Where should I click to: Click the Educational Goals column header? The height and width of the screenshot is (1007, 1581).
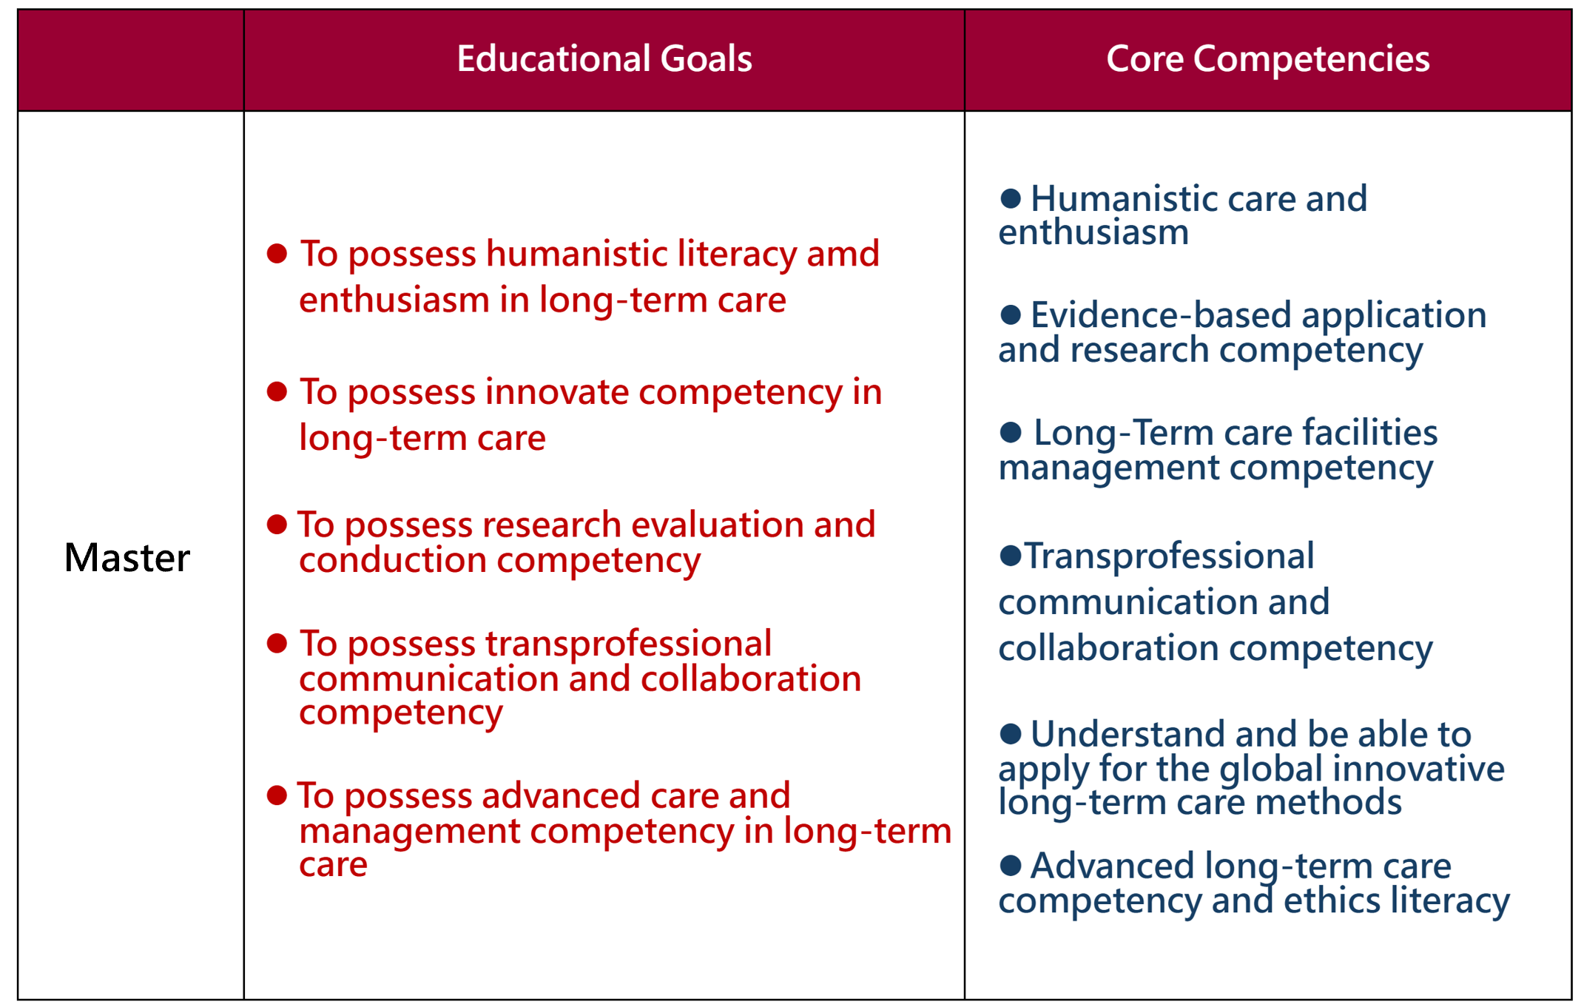pyautogui.click(x=604, y=58)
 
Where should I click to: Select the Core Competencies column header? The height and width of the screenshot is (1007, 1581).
pyautogui.click(x=1267, y=58)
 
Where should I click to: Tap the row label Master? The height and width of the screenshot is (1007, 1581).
pyautogui.click(x=127, y=557)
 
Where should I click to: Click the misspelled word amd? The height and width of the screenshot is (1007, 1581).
pyautogui.click(x=843, y=254)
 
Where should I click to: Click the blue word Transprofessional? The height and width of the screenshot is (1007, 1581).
pyautogui.click(x=1169, y=556)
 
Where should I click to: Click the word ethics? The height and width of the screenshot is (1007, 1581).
pyautogui.click(x=1332, y=900)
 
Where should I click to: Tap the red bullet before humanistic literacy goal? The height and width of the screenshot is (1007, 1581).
pyautogui.click(x=277, y=254)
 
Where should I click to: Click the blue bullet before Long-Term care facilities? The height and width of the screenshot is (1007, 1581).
pyautogui.click(x=1011, y=432)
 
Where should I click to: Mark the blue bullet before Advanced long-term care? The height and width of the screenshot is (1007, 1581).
pyautogui.click(x=1011, y=865)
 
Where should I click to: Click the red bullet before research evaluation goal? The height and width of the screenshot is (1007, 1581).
pyautogui.click(x=277, y=525)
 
